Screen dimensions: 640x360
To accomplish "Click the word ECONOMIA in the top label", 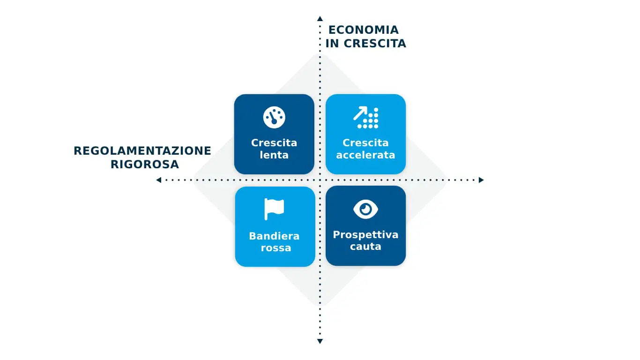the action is pyautogui.click(x=364, y=30).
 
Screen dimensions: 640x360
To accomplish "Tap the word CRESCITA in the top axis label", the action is pyautogui.click(x=374, y=44).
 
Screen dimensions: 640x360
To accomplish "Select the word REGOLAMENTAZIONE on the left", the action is pyautogui.click(x=142, y=150).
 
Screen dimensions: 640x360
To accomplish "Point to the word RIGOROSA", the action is pyautogui.click(x=145, y=165).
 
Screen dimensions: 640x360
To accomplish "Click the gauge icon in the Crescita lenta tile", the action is pyautogui.click(x=274, y=117).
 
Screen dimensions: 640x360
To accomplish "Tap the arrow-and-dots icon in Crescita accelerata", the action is pyautogui.click(x=366, y=118).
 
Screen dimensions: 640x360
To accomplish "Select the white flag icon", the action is pyautogui.click(x=274, y=209).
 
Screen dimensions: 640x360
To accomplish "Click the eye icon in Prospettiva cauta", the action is pyautogui.click(x=365, y=210).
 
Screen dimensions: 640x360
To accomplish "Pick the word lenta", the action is pyautogui.click(x=274, y=155).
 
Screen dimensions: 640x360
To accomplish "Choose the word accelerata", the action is pyautogui.click(x=365, y=155).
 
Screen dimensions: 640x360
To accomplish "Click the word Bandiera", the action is pyautogui.click(x=274, y=236).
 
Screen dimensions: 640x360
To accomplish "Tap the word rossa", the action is pyautogui.click(x=275, y=247).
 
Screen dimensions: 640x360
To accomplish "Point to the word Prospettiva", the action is pyautogui.click(x=365, y=235).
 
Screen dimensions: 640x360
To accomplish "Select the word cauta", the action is pyautogui.click(x=365, y=247).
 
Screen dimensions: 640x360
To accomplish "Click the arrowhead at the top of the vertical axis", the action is pyautogui.click(x=320, y=19).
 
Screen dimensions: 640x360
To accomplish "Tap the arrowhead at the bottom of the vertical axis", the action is pyautogui.click(x=320, y=341).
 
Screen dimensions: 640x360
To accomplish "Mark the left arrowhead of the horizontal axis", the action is pyautogui.click(x=158, y=180).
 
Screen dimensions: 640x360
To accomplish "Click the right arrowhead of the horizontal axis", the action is pyautogui.click(x=481, y=180).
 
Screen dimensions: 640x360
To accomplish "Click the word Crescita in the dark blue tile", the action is pyautogui.click(x=274, y=142).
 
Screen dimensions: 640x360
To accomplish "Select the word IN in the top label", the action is pyautogui.click(x=332, y=44).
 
